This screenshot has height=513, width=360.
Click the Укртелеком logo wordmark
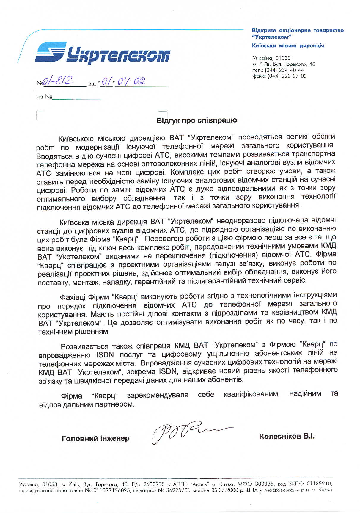click(x=118, y=55)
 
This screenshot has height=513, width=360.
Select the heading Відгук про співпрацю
click(x=196, y=120)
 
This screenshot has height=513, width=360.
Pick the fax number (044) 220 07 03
click(x=287, y=76)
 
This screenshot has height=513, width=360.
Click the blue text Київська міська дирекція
click(x=288, y=46)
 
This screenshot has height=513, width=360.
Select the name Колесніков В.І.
click(x=287, y=436)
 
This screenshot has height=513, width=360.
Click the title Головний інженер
click(x=95, y=438)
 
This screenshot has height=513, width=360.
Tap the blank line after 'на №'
click(x=77, y=98)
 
